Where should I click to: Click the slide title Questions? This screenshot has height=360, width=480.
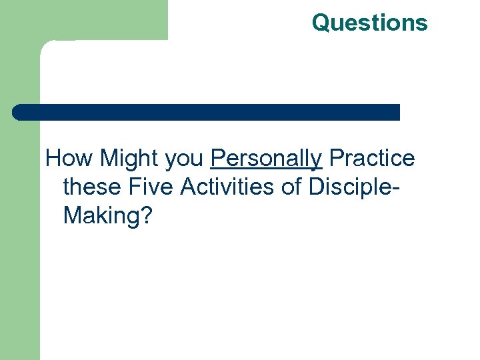pos(369,22)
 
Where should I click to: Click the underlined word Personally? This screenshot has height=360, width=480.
pos(266,159)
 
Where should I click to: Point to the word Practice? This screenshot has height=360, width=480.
pos(372,159)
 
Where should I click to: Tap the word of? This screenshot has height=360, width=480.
pos(291,187)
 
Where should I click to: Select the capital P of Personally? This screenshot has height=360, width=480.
pos(217,158)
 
